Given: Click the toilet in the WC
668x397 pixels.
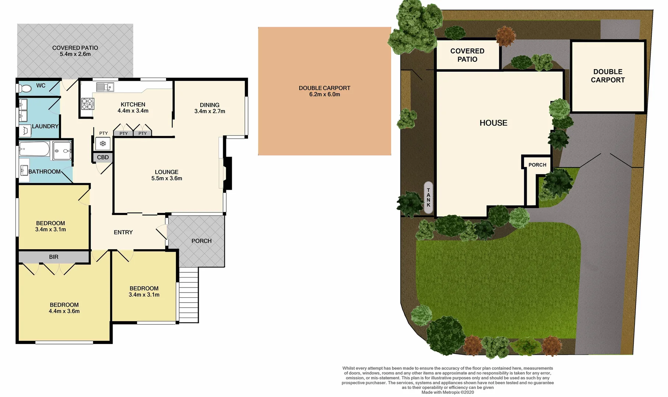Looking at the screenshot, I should coord(25,89).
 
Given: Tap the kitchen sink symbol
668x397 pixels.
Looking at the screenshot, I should coord(105,87).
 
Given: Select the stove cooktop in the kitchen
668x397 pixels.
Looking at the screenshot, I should coord(88,104).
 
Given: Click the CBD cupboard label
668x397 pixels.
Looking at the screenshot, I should coord(103,157).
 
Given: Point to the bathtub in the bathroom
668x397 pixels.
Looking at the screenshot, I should coord(34,149).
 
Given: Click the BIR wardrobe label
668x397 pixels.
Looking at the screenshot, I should coord(54,257).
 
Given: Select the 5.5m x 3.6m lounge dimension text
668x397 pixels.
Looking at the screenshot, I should coord(167,178).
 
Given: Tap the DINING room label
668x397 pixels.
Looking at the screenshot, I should coord(209,105).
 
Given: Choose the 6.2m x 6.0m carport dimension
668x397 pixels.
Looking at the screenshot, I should coord(324,94).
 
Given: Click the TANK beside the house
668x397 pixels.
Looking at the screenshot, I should coord(428,197).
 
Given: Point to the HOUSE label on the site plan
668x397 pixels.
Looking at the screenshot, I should coord(493,123).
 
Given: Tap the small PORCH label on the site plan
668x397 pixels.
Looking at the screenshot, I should coord(537,165).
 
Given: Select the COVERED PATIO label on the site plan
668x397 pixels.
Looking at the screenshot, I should coord(467,55).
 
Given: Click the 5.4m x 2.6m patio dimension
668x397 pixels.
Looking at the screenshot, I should coord(75,54).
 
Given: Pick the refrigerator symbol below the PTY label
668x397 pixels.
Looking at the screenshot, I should coord(103,143).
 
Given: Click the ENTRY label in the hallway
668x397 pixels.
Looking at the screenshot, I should coord(123,232).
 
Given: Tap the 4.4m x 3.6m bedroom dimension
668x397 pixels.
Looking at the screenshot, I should coord(64,311).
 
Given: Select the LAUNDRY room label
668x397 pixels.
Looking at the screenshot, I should coord(45,126).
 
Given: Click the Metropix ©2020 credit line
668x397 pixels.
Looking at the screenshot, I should coord(448,392).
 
